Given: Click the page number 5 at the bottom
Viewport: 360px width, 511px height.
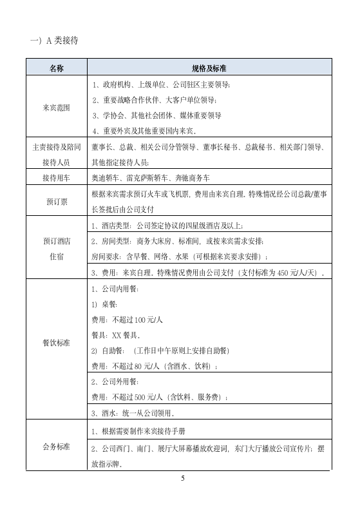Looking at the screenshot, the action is [x=183, y=478].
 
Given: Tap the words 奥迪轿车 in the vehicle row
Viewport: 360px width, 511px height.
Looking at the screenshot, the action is [x=106, y=177].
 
